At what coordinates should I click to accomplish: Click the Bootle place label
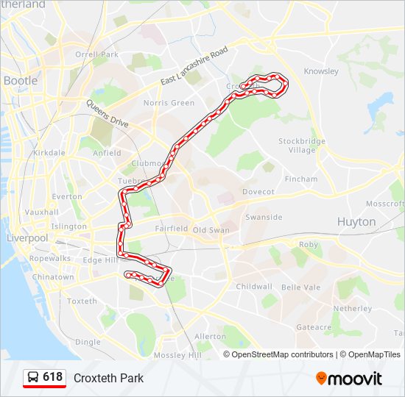coord(21,80)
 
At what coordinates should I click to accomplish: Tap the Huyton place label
coord(356,221)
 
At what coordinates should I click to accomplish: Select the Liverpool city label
coord(27,238)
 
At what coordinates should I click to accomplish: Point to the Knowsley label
coord(321,72)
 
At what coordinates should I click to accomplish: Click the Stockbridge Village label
coord(297,145)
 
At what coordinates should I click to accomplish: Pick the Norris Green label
coord(169,103)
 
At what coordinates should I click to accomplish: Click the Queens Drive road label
coord(108,114)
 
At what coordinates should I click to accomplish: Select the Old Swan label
coord(211,230)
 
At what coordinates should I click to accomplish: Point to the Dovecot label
coord(258,192)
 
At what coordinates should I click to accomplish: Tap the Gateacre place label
coord(313,326)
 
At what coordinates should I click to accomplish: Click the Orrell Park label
coord(96,54)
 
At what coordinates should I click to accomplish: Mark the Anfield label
coord(107,153)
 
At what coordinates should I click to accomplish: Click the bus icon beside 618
coord(33,378)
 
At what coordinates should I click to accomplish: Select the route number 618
coord(53,377)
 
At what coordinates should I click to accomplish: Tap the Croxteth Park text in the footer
coord(108,379)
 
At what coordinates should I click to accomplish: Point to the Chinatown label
coord(52,277)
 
